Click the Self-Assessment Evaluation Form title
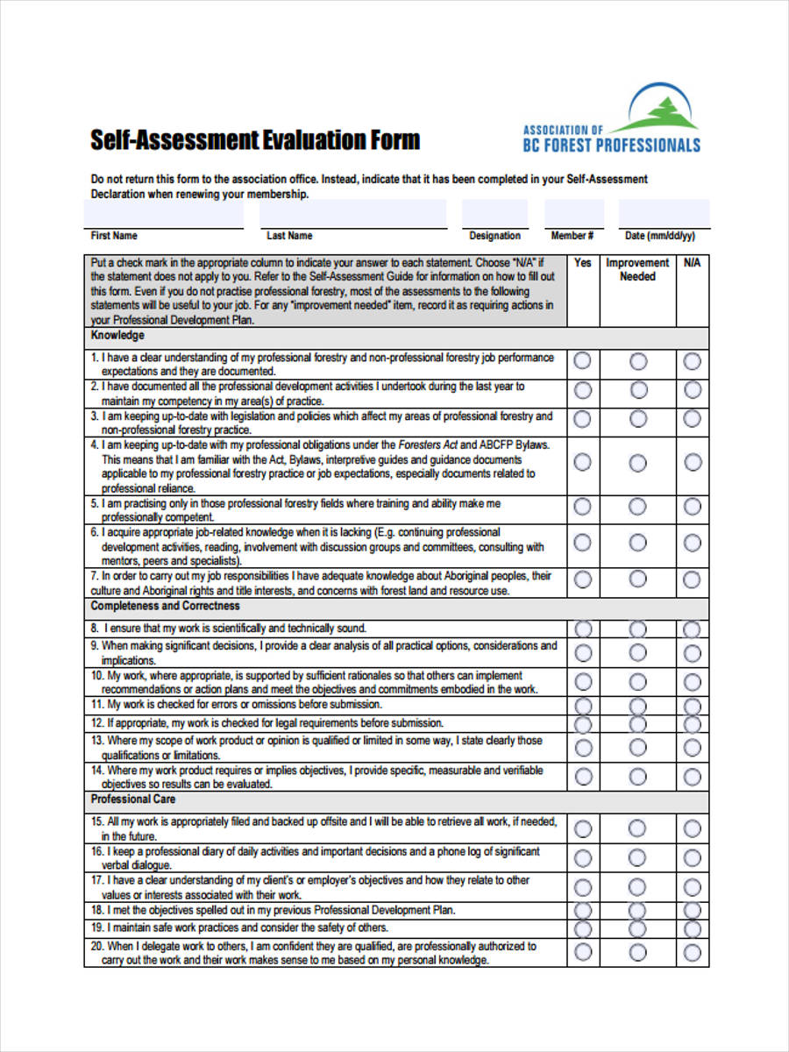255,139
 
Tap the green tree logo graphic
664,110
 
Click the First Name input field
163,213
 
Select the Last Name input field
352,213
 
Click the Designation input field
494,213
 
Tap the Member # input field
573,213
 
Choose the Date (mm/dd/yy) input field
664,213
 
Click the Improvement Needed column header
637,269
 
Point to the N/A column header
692,263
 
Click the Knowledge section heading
117,336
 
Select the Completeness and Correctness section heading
165,606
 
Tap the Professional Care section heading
133,799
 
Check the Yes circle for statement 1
582,361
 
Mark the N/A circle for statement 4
693,462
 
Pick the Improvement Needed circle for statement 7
638,579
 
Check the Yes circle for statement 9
582,652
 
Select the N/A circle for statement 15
693,828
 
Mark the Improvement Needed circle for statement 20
638,952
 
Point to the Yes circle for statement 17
582,886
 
